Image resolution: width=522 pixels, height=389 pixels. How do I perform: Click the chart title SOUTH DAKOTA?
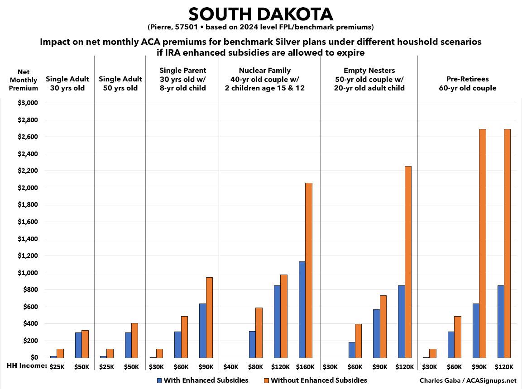pyautogui.click(x=261, y=14)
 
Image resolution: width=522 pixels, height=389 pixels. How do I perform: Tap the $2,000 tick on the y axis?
pyautogui.click(x=29, y=188)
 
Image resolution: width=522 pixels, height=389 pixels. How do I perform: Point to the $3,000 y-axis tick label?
pyautogui.click(x=29, y=103)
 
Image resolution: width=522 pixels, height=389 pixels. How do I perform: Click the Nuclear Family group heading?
pyautogui.click(x=264, y=79)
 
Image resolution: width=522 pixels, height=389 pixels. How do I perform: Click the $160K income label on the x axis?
pyautogui.click(x=305, y=366)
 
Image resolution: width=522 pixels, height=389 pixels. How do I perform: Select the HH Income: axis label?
pyautogui.click(x=24, y=365)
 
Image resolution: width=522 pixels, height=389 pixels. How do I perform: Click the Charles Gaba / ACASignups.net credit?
pyautogui.click(x=468, y=380)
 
